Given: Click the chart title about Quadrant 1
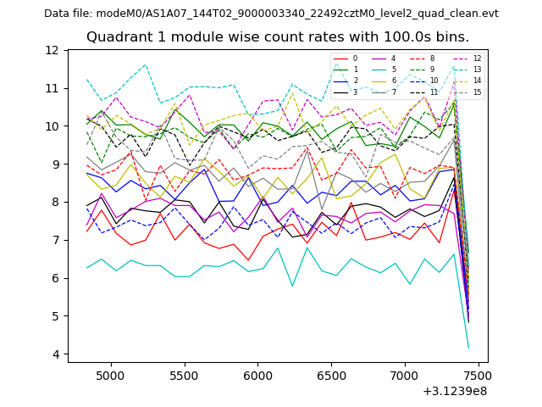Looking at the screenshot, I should [278, 37].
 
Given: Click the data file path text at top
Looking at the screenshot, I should [271, 14].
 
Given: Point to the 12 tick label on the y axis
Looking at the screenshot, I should [52, 50].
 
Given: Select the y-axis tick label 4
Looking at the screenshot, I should [55, 354].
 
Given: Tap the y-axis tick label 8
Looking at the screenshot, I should [55, 202].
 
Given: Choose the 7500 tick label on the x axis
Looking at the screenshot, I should [477, 374].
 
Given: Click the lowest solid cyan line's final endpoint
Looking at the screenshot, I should [468, 348].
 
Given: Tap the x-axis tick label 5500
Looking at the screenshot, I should [185, 374].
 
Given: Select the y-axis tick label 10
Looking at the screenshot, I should [52, 126].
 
